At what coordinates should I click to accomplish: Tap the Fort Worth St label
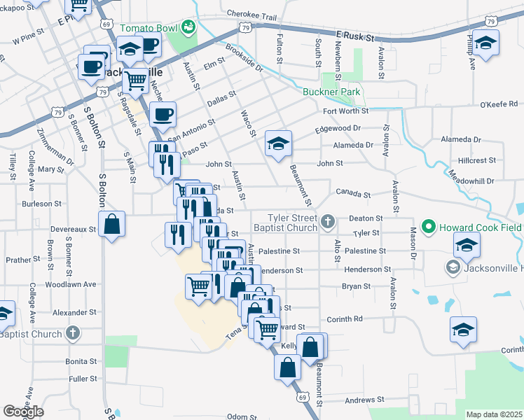tap(345, 111)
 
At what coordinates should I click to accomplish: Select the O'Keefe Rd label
tap(498, 105)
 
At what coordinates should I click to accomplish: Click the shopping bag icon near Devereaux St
tap(112, 225)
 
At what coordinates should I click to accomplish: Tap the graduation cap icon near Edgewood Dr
tap(278, 144)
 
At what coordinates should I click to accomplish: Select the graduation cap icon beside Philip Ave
tap(485, 43)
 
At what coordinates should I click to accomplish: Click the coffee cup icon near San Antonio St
tap(163, 115)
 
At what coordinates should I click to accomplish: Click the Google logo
tap(23, 412)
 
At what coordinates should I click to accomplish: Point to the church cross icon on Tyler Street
tap(327, 223)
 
